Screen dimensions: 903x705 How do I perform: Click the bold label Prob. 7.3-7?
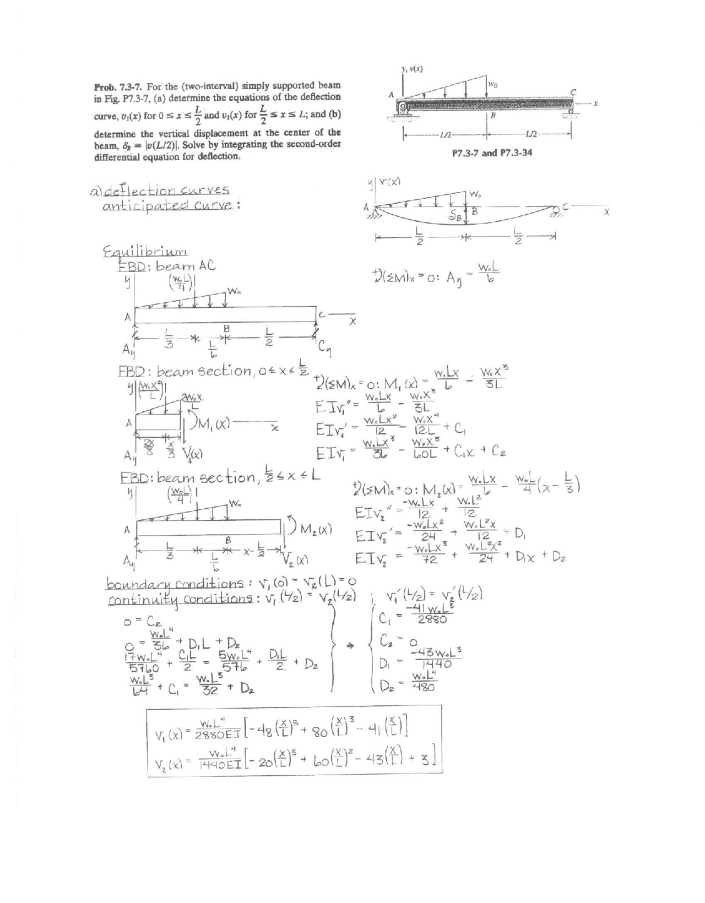[x=115, y=86]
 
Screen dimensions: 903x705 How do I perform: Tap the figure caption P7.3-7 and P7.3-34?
[x=492, y=153]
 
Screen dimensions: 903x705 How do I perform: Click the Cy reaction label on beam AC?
[x=323, y=350]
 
